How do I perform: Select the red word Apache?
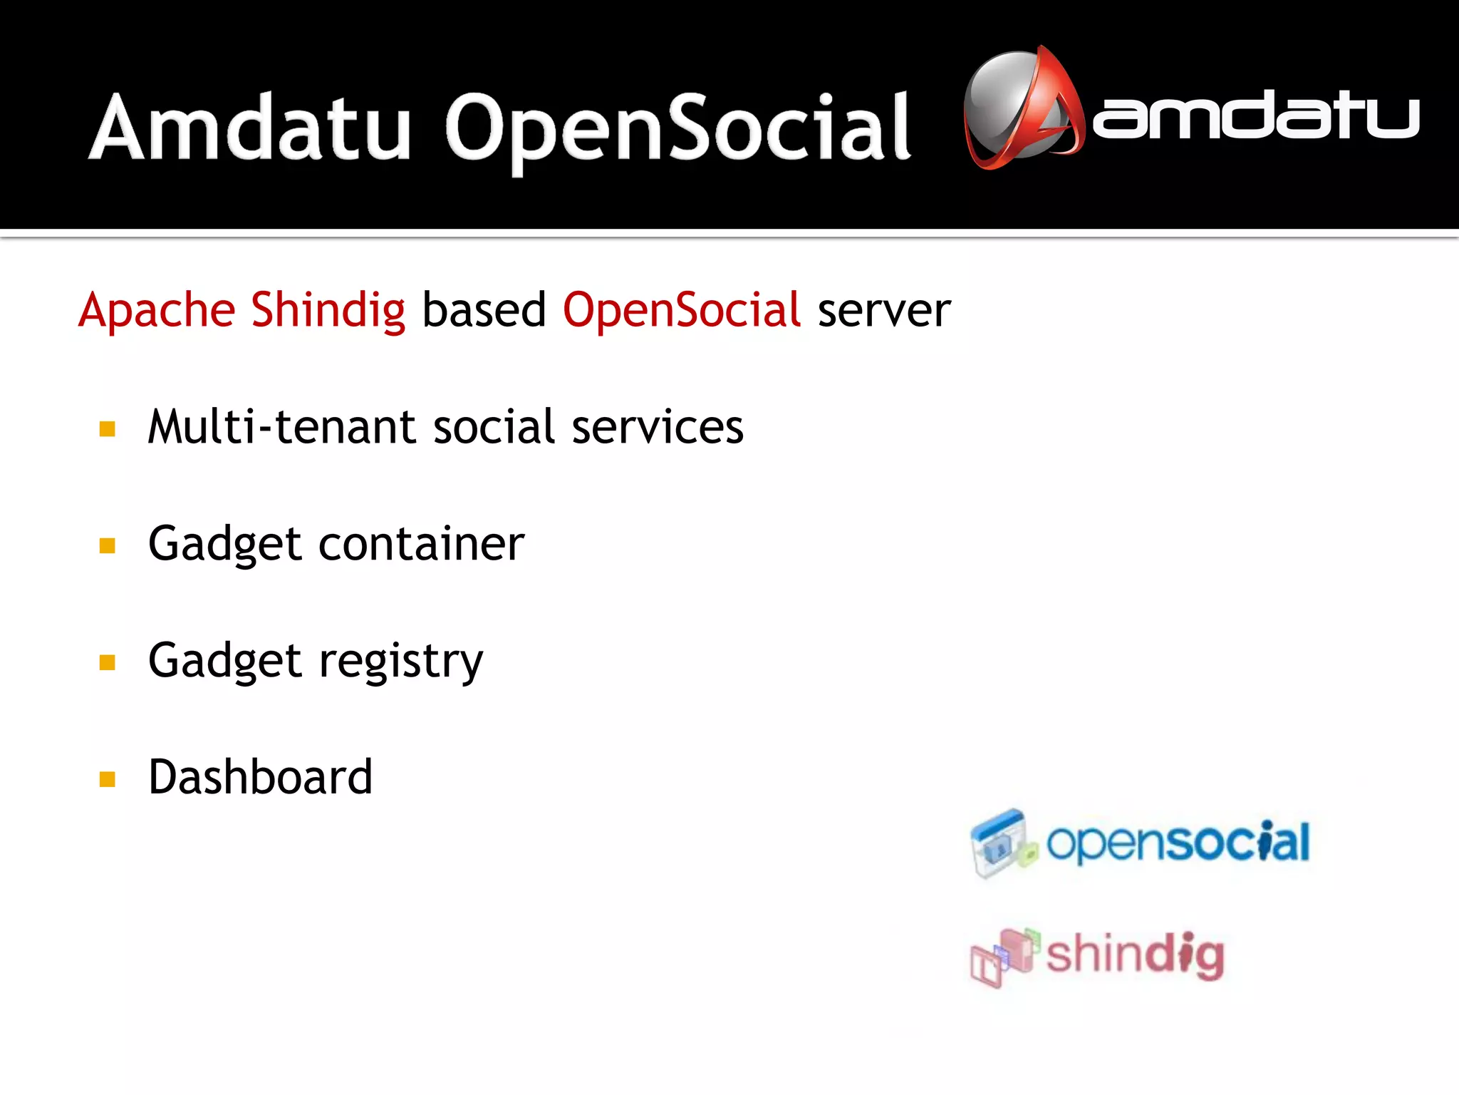[x=157, y=311]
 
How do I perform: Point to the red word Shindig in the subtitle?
[x=328, y=311]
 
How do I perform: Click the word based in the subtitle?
[x=484, y=311]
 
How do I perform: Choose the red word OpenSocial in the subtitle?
[x=682, y=311]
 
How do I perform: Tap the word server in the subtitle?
[x=883, y=311]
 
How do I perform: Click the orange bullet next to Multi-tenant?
[x=108, y=429]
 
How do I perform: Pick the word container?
[x=421, y=544]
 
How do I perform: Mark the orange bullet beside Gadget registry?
[x=108, y=663]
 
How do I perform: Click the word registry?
[x=400, y=662]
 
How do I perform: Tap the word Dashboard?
[x=260, y=777]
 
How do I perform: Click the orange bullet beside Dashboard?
[x=108, y=779]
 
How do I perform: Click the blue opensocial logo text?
[x=1177, y=843]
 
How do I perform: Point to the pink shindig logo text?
[x=1134, y=955]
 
